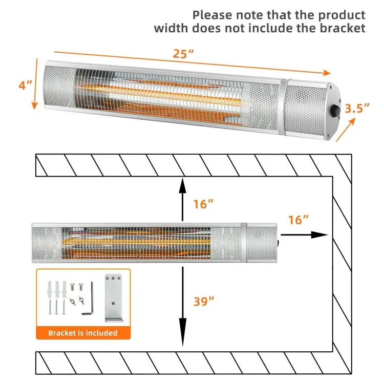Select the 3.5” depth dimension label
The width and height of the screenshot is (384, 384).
click(357, 109)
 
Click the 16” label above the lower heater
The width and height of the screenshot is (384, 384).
click(203, 204)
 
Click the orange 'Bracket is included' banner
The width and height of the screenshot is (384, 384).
click(83, 333)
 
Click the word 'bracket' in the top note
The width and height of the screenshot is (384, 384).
click(340, 28)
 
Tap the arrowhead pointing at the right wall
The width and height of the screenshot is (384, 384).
click(321, 234)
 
